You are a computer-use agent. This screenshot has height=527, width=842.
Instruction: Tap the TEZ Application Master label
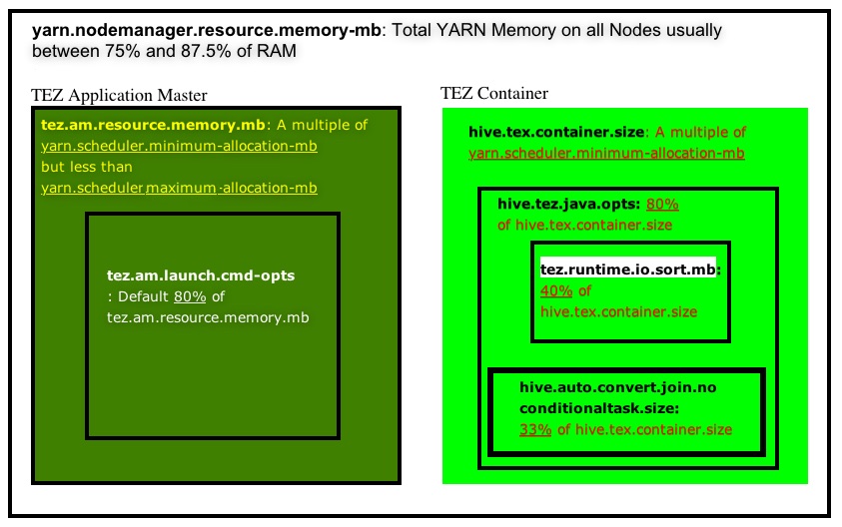click(120, 96)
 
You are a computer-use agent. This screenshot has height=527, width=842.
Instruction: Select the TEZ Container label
click(494, 94)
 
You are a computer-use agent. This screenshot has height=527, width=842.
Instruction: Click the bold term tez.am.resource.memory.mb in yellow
click(153, 126)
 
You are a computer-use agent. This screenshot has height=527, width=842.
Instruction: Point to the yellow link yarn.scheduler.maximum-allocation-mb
click(180, 188)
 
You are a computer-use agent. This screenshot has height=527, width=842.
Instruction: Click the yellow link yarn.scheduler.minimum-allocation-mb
click(180, 147)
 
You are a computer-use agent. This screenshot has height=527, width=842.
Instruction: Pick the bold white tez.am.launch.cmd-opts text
click(201, 275)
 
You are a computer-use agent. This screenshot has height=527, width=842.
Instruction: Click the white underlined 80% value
click(190, 296)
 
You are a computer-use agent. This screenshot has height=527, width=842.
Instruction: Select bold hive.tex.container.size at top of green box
click(556, 132)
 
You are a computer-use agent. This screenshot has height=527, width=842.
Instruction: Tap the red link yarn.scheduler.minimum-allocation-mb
click(606, 153)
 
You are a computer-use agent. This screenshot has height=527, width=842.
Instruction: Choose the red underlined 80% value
click(662, 204)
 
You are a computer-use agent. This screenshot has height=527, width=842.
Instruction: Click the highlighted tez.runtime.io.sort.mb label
click(629, 269)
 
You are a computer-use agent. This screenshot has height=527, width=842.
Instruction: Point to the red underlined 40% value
click(556, 290)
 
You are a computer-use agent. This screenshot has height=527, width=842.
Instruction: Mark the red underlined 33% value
click(534, 429)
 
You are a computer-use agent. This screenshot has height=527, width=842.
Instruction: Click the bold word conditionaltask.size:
click(598, 408)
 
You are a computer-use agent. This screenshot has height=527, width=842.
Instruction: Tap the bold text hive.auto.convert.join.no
click(618, 387)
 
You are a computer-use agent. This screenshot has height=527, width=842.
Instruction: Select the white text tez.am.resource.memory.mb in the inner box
click(208, 317)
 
